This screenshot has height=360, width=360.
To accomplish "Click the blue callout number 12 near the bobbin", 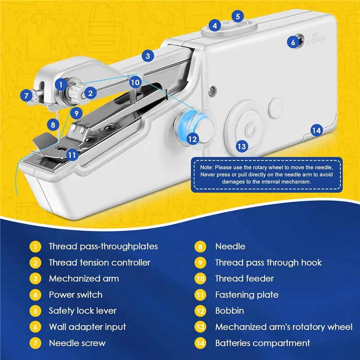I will (x=193, y=139).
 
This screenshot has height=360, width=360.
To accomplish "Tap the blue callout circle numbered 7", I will (x=26, y=95).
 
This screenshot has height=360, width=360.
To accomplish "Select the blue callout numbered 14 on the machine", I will (x=317, y=130).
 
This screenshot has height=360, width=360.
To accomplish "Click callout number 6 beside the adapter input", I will (x=293, y=42).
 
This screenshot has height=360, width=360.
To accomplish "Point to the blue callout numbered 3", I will (x=148, y=56).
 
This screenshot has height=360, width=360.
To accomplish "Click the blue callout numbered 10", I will (x=135, y=82).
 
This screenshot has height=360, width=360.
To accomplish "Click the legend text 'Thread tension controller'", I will (x=99, y=262).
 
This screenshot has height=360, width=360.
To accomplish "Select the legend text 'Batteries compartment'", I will (x=262, y=343).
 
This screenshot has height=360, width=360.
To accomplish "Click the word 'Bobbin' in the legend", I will (x=229, y=310).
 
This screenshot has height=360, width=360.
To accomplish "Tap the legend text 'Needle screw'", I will (x=77, y=343).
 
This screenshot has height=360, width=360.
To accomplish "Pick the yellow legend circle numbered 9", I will (x=200, y=262).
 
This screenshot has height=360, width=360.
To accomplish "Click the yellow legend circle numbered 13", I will (x=200, y=327).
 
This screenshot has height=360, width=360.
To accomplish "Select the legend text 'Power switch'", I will (x=76, y=295).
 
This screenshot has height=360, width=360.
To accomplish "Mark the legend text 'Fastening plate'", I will (x=247, y=295).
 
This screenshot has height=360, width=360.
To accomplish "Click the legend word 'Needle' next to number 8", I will (x=230, y=246).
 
